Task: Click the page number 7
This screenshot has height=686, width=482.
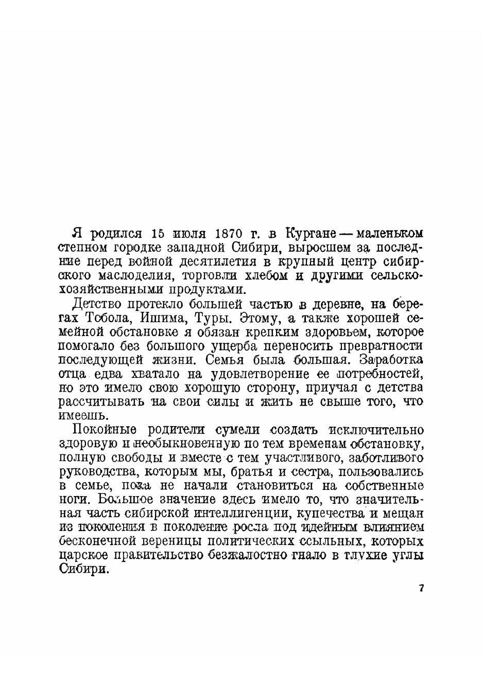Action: tap(421, 589)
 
